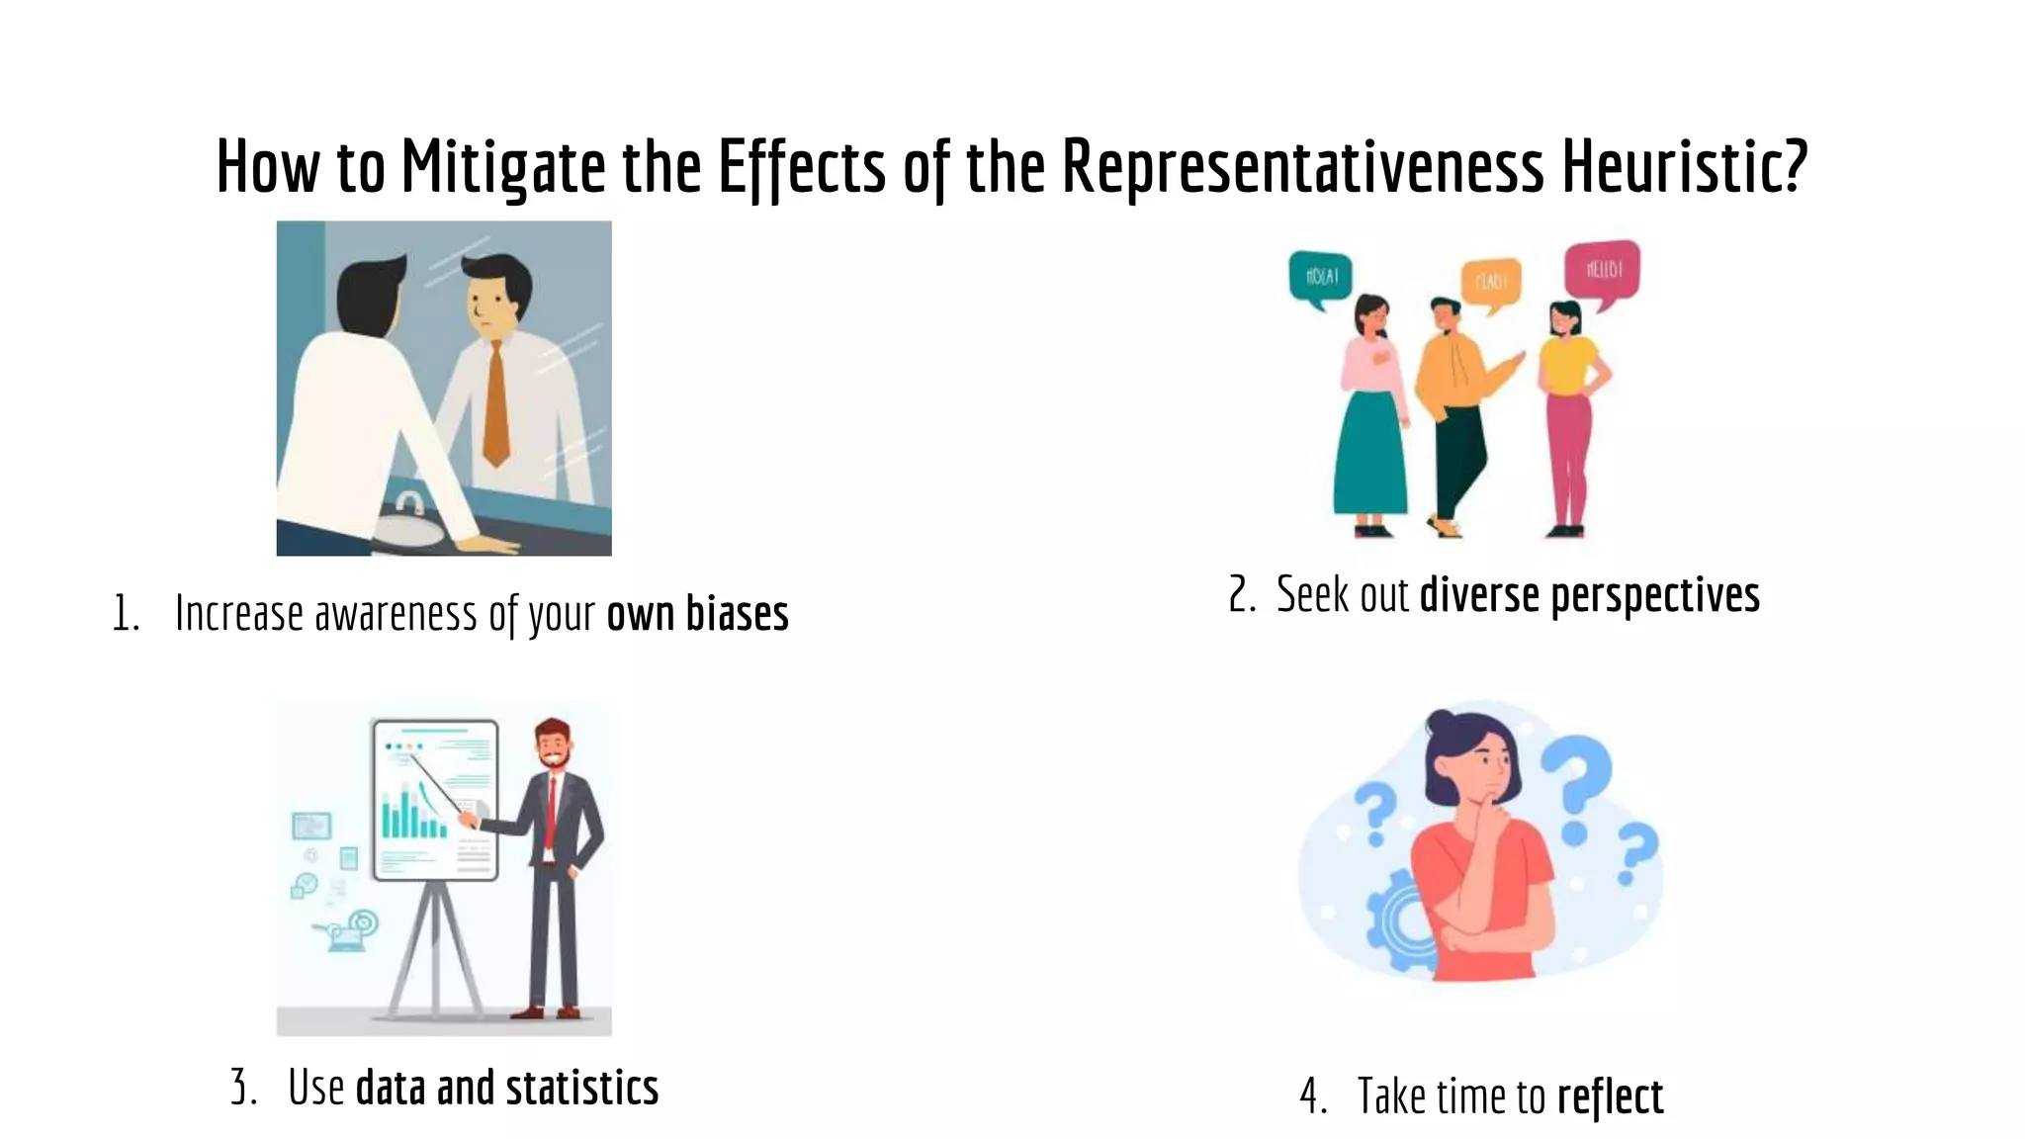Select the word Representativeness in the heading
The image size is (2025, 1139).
1302,166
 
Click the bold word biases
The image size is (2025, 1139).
737,614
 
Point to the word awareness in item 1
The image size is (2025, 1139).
396,614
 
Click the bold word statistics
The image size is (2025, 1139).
581,1088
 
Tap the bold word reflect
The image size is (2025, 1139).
1610,1096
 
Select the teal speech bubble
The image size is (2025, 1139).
1320,276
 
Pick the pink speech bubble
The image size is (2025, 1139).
1602,270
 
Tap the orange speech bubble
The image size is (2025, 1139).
1491,282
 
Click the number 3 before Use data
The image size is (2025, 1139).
240,1088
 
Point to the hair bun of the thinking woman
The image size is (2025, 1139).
1439,721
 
